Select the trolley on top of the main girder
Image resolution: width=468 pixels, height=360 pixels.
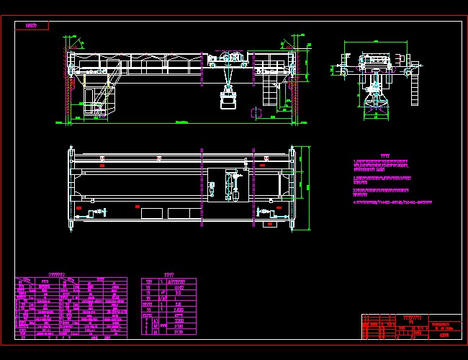tap(229, 60)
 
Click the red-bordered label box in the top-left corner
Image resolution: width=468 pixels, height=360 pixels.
tap(32, 25)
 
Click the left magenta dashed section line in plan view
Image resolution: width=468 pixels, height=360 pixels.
tap(202, 187)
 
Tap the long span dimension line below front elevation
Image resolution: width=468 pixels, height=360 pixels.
tap(182, 123)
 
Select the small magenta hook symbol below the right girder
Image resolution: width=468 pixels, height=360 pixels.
tap(256, 112)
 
